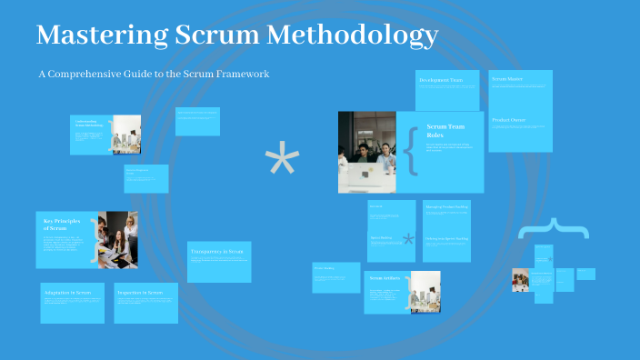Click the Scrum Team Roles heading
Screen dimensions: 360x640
pos(445,131)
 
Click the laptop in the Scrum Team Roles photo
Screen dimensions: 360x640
pos(368,176)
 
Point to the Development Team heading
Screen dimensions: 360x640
pos(441,81)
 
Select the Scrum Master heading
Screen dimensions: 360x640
pos(507,80)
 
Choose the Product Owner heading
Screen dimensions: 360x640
pos(509,120)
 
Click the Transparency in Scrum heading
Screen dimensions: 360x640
pos(218,250)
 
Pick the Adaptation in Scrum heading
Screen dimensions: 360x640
pos(65,293)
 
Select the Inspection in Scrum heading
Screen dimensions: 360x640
pos(140,293)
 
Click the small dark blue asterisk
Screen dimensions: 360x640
pos(409,240)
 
